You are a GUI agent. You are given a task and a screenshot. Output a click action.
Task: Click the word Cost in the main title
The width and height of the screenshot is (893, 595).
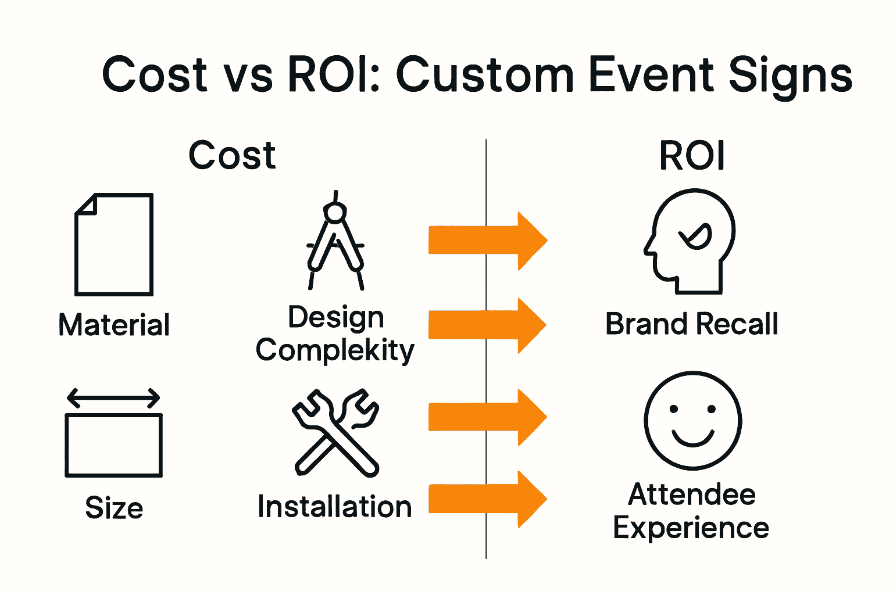(x=155, y=75)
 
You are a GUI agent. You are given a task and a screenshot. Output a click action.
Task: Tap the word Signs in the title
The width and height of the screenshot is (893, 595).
(x=791, y=76)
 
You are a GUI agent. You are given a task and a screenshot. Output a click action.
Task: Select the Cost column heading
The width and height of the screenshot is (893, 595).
(x=232, y=156)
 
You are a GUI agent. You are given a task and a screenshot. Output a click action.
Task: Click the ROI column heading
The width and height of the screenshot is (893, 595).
(x=692, y=156)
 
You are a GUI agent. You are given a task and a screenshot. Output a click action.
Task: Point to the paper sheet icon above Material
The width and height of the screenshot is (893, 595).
(x=114, y=245)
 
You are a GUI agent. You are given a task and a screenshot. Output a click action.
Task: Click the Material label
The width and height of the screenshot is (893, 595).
(x=114, y=325)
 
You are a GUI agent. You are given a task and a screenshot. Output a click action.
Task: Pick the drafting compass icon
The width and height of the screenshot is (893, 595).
(x=335, y=241)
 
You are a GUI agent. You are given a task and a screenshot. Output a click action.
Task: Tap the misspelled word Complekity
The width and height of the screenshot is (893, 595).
(x=335, y=351)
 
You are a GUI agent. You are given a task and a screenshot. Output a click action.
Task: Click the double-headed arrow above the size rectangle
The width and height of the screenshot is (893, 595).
(x=113, y=399)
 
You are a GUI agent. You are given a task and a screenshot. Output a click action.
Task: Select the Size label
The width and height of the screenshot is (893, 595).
(x=114, y=508)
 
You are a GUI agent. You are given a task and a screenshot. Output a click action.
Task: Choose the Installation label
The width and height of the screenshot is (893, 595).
(x=335, y=507)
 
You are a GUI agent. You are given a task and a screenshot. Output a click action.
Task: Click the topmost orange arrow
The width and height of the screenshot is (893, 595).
(x=487, y=241)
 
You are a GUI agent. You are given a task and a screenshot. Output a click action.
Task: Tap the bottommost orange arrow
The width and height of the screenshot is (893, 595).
(x=487, y=499)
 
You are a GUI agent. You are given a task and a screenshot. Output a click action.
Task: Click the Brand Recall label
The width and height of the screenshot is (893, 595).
(x=692, y=324)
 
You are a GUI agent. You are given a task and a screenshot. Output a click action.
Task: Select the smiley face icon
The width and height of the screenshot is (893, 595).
(x=692, y=420)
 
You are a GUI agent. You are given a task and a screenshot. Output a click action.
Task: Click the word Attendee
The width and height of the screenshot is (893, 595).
(x=692, y=495)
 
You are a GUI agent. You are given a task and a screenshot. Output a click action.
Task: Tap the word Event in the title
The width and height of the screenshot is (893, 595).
(x=652, y=75)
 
